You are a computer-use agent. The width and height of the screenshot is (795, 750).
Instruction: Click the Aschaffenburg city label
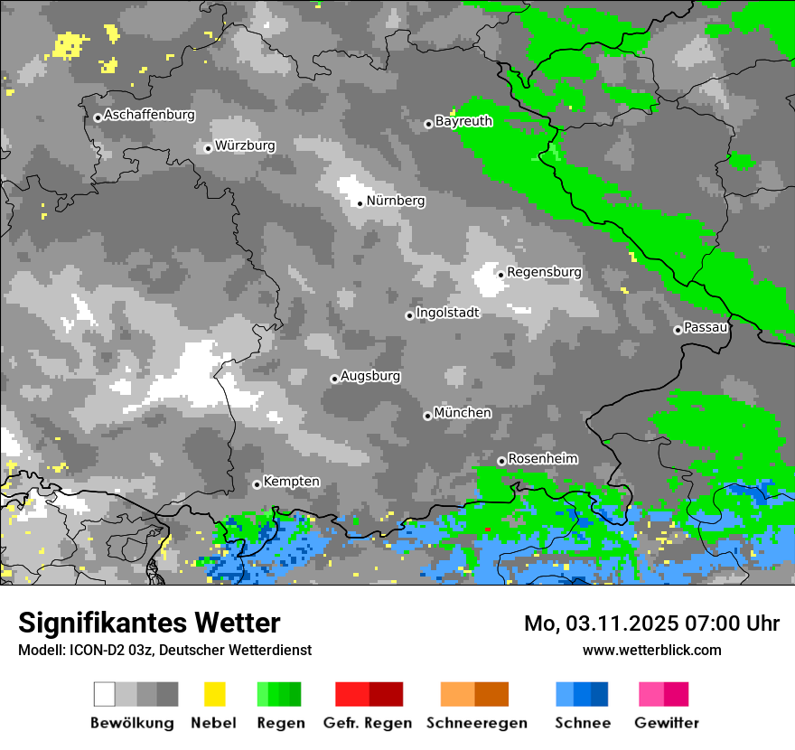coord(149,116)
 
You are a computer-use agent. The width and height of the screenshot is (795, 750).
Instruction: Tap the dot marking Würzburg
coord(208,148)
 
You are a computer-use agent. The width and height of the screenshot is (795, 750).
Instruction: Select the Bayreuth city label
coord(463,121)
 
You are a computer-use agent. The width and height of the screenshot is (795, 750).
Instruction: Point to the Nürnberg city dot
coord(360,203)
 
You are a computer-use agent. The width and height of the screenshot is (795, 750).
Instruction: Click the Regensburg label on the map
coord(544,272)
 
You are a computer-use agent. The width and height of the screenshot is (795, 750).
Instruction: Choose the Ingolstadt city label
coord(447,313)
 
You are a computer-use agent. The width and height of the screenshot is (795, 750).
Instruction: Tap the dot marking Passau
coord(678,330)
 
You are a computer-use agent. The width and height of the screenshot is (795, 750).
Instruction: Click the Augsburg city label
coord(370,376)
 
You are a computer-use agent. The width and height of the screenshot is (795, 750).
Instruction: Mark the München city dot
coord(427,416)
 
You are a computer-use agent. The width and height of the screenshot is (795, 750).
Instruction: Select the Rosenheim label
coord(542,459)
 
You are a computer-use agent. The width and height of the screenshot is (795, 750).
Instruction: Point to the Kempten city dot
coord(257,484)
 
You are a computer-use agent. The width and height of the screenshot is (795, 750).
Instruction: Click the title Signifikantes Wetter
coord(149,623)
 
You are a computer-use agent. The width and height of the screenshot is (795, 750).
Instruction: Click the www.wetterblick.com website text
coord(651,650)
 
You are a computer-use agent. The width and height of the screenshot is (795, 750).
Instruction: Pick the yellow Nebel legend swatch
coord(214,694)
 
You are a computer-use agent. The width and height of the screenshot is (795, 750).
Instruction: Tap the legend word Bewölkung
coord(132,723)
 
